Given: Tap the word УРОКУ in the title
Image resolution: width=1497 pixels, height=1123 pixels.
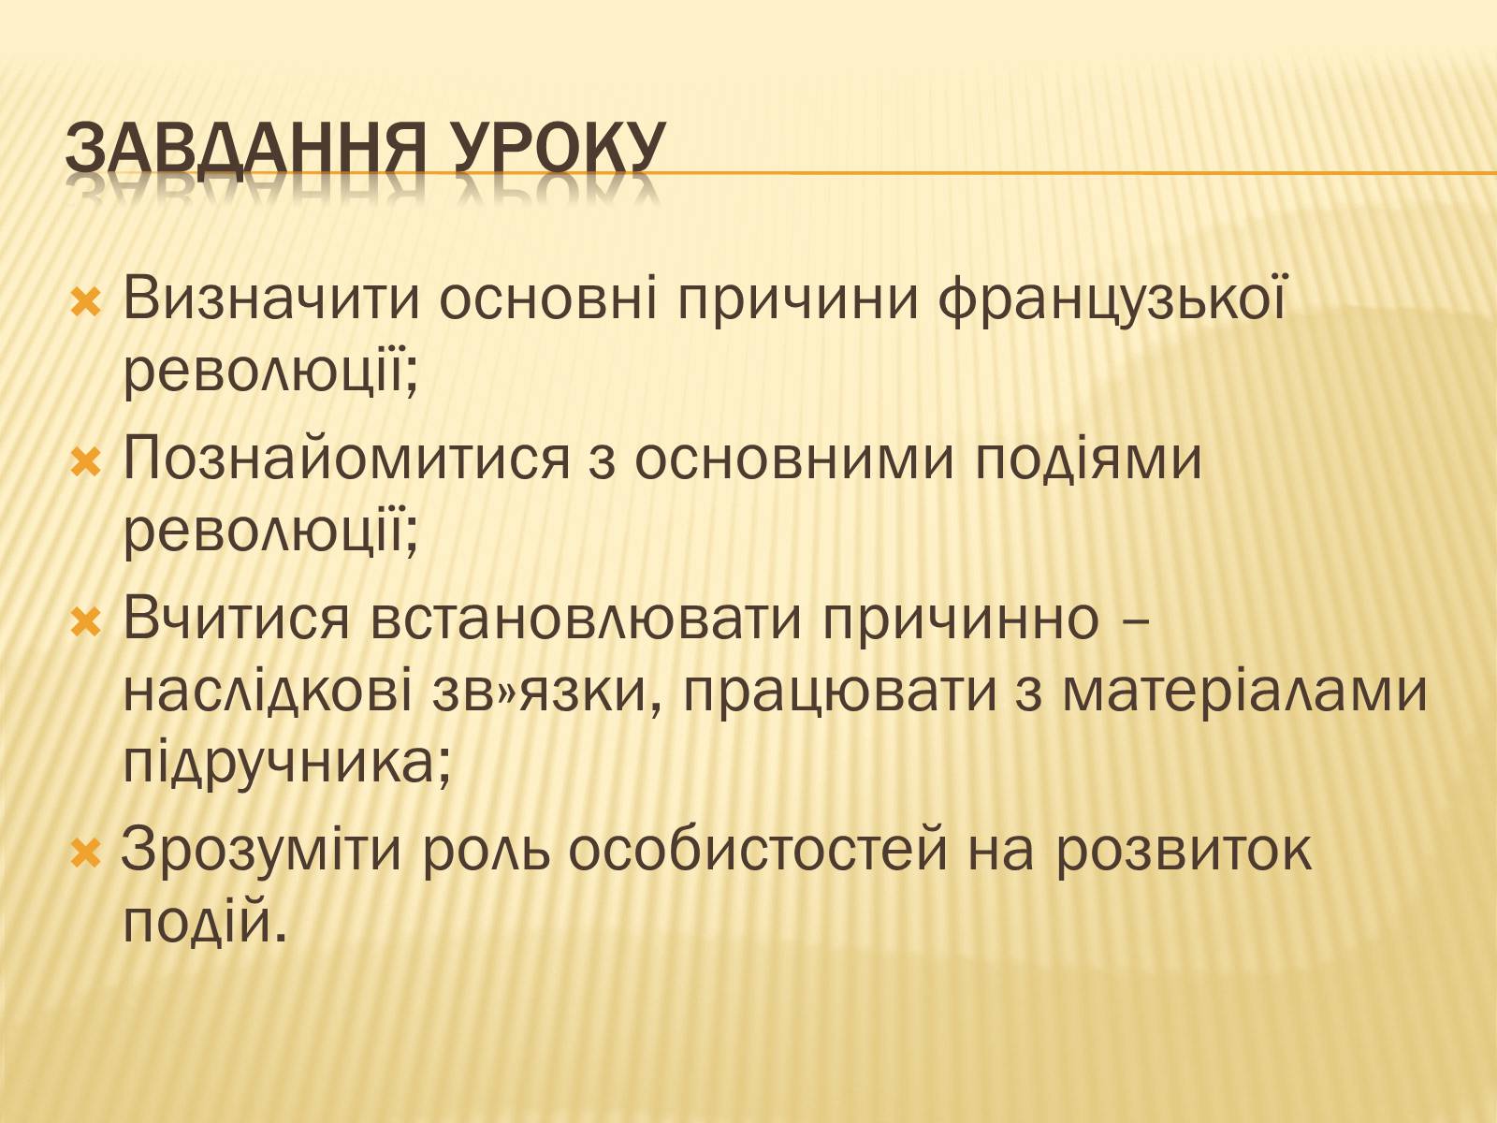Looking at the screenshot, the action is [x=558, y=148].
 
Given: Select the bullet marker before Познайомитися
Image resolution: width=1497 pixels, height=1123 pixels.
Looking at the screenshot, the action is [x=86, y=461].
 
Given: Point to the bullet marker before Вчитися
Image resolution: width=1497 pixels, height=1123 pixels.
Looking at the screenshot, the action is [x=86, y=622].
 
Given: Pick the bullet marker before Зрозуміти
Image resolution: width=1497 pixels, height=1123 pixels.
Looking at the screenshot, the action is [x=86, y=853].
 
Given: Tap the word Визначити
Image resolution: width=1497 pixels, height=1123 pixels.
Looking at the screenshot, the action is [x=270, y=299].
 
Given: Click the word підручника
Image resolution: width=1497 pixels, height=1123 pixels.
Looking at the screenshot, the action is [x=286, y=763].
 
